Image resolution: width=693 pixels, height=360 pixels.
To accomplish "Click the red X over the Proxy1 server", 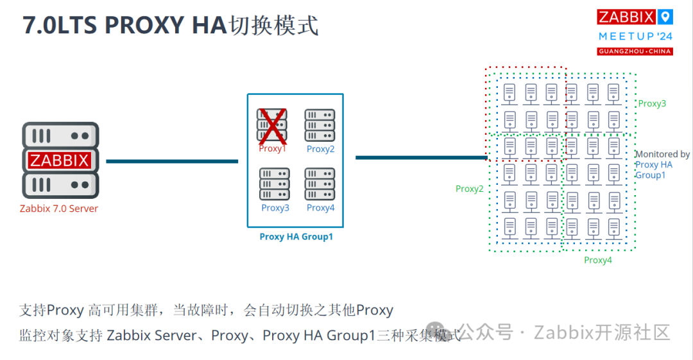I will pos(272,125).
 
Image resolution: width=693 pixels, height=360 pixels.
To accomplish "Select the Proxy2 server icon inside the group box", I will pos(320,125).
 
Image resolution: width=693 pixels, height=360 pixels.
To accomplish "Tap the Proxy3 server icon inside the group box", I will pos(275,184).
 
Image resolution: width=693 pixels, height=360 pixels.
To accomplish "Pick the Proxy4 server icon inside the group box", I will pos(320,184).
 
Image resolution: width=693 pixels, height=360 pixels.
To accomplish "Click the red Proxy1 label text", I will pos(273,149).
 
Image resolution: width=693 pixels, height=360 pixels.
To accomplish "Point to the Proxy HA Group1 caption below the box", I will pos(296,237).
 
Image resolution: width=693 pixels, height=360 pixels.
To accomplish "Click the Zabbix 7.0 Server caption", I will pos(59,209).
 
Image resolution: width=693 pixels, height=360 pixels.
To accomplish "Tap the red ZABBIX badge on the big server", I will pos(60,160).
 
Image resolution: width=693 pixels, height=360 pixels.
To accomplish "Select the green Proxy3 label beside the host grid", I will pos(652,103).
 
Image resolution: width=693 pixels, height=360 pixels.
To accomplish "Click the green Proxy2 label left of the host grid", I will pos(470,189).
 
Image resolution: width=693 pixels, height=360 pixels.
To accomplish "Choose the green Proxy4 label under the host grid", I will pos(598,260).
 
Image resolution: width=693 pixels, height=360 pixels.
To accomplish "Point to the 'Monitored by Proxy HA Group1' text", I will pos(662,164).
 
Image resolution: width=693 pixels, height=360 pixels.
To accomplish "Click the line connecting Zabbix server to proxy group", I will pos(172,161).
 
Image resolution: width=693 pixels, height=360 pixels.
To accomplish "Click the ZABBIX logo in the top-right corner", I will pos(626,17).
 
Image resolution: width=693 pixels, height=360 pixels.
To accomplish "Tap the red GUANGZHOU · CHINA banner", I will pos(635,51).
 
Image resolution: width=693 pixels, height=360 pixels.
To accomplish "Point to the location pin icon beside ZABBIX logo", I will pos(667,17).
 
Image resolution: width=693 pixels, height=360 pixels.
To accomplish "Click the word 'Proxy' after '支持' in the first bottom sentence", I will pos(65,311).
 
